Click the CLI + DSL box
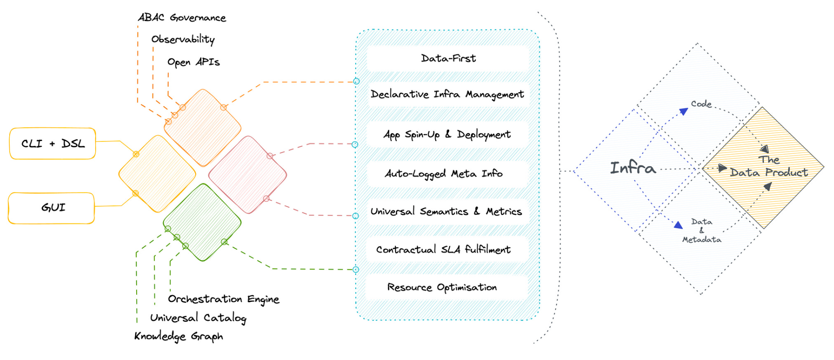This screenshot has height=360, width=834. [52, 144]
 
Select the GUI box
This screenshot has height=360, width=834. [52, 208]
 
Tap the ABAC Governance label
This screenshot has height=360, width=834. [182, 18]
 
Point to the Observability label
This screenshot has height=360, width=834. [183, 39]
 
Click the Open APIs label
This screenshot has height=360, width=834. [193, 62]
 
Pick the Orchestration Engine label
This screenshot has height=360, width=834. [223, 299]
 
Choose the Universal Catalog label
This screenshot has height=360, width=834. [198, 318]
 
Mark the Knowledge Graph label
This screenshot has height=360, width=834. [179, 336]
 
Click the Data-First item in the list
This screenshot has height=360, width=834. [448, 58]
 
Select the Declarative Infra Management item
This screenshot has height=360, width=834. [447, 94]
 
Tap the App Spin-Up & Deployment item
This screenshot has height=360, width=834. [447, 134]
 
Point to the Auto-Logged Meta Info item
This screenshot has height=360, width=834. [443, 174]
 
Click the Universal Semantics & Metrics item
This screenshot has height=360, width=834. [446, 212]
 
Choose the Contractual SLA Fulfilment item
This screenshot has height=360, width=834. [443, 249]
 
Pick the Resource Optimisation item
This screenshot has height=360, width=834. [442, 287]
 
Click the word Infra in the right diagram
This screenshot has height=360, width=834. [633, 168]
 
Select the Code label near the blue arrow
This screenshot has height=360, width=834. [701, 104]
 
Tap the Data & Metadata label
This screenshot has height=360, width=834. [702, 230]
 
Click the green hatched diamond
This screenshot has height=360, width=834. [202, 222]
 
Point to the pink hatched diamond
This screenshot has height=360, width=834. [248, 174]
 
